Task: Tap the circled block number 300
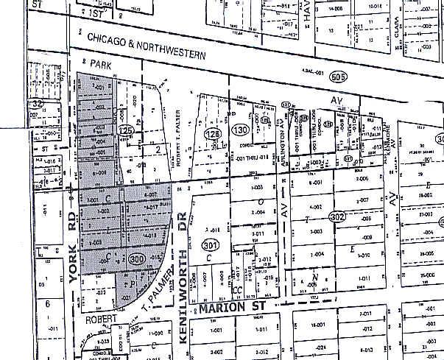coord(136,260)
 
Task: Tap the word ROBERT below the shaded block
coord(101,321)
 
